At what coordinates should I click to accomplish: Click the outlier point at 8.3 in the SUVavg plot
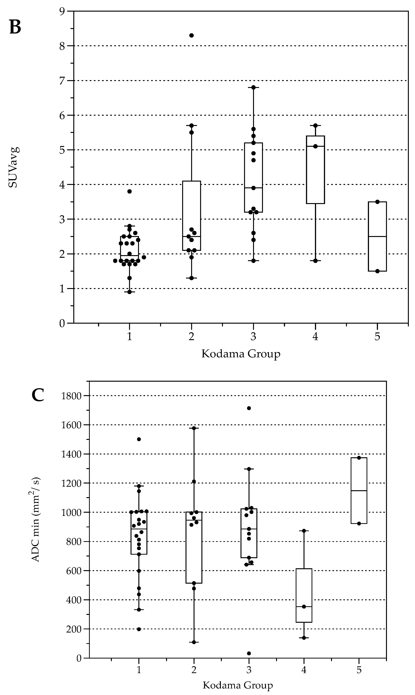(192, 35)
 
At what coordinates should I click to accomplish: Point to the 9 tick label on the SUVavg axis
(62, 11)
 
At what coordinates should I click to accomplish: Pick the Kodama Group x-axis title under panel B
(241, 354)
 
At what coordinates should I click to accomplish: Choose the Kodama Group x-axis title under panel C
(238, 685)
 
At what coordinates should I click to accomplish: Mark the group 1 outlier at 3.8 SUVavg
(129, 191)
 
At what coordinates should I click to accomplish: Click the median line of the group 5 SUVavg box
(377, 237)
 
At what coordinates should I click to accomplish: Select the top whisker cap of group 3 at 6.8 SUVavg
(253, 87)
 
